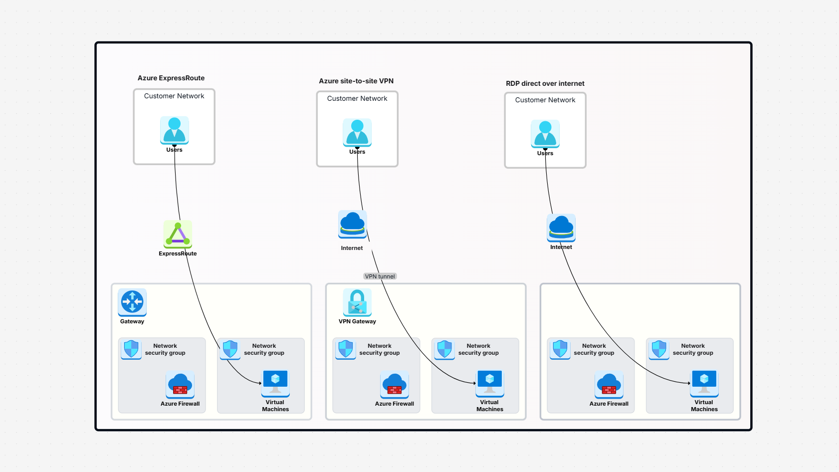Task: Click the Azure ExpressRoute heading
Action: coord(171,78)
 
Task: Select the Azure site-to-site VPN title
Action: coord(356,81)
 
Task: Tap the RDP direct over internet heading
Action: coord(545,83)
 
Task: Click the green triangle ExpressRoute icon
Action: coord(178,234)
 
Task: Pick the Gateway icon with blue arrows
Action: coord(132,302)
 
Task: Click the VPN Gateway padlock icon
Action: coord(357,302)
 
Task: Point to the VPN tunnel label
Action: coord(380,276)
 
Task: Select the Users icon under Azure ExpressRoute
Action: coord(174,130)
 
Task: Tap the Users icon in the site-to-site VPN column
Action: coord(357,132)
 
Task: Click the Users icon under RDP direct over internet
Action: coord(545,134)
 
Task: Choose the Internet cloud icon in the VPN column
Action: coord(352,224)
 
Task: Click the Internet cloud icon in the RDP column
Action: coord(561,228)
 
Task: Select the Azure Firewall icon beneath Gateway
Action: coord(180,384)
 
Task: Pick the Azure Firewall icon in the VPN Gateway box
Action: coord(395,384)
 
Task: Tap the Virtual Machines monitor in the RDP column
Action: coord(704,382)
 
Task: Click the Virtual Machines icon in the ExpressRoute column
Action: coord(275,382)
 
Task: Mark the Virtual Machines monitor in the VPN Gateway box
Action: coord(490,382)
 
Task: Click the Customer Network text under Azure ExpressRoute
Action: coord(174,96)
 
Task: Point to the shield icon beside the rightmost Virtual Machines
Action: coord(659,349)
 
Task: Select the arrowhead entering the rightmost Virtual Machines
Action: coord(689,383)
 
